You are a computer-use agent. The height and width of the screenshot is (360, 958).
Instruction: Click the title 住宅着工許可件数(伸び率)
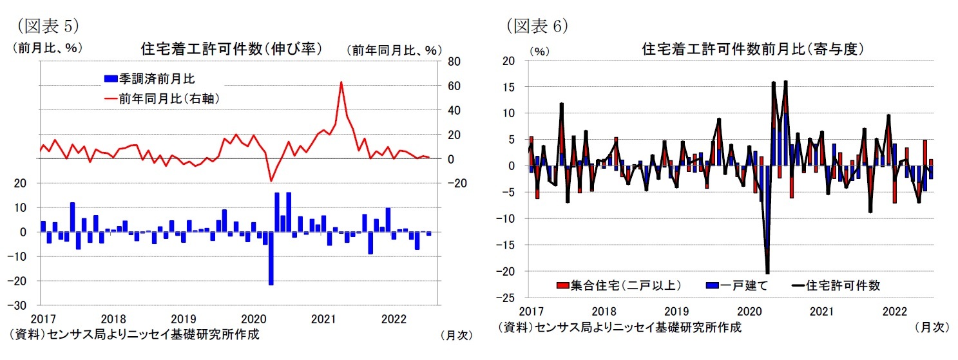[231, 50]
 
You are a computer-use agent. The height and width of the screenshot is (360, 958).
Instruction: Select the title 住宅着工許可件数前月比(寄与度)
[752, 50]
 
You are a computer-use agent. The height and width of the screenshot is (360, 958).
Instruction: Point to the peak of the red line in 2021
[341, 82]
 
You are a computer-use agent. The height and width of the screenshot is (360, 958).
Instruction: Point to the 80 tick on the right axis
[453, 62]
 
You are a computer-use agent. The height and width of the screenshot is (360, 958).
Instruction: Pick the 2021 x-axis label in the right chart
[821, 312]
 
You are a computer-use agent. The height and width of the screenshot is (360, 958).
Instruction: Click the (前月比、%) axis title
[47, 48]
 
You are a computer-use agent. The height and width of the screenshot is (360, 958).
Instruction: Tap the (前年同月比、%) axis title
[394, 50]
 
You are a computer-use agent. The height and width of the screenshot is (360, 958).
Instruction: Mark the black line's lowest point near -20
[767, 273]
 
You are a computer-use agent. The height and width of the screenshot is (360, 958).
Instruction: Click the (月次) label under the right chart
[932, 328]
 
